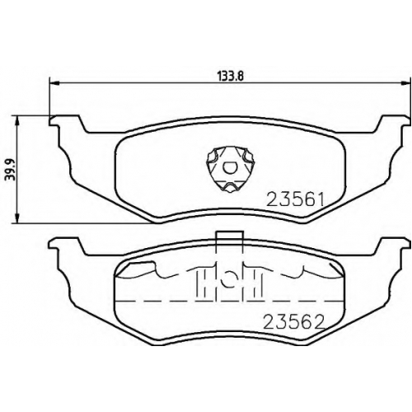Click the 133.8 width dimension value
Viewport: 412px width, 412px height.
(231, 76)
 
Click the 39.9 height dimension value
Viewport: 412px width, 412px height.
(11, 170)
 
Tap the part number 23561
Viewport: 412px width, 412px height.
(296, 199)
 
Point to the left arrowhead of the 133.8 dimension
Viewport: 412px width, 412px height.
(54, 82)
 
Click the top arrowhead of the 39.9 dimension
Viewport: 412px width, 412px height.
(17, 120)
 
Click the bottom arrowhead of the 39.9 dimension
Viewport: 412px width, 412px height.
(17, 218)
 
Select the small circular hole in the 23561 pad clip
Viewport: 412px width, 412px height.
(229, 167)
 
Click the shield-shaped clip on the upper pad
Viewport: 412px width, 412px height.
(229, 169)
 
